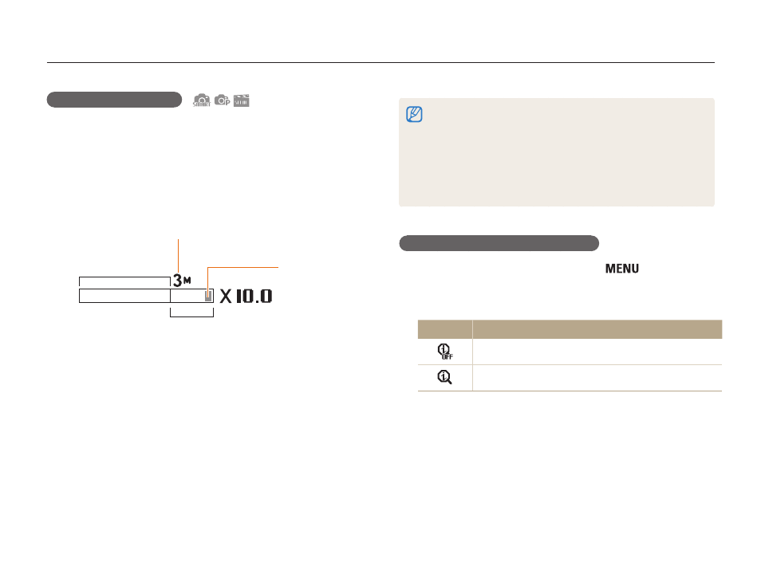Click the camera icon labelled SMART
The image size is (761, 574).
[202, 100]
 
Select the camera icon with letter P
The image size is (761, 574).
[223, 100]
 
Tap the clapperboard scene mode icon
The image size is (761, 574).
[241, 100]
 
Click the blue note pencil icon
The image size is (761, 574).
[414, 115]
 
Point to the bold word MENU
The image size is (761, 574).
[621, 269]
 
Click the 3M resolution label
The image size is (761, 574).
[182, 281]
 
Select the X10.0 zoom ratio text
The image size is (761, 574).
[246, 296]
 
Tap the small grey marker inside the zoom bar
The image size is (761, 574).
[208, 297]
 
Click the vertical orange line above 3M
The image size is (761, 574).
[178, 256]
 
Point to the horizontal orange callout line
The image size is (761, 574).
[243, 267]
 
